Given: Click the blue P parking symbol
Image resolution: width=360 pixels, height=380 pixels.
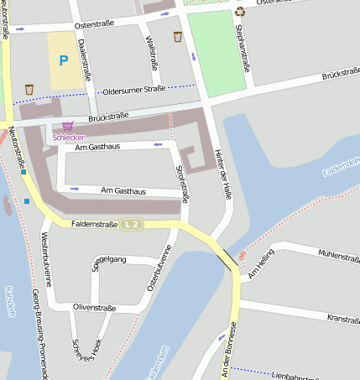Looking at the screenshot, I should point(63,60).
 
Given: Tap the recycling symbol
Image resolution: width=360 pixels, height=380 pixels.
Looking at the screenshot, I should point(241,11).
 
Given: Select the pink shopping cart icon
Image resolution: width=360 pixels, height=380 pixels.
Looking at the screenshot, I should point(67,126).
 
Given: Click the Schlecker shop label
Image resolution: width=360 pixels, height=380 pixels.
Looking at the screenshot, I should point(69,137).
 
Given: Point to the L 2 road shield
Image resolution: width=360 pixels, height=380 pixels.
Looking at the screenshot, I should point(130,225).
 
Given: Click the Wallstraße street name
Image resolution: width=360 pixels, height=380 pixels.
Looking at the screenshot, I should point(153,50).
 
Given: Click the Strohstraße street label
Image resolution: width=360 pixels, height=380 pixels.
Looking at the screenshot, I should point(180,183).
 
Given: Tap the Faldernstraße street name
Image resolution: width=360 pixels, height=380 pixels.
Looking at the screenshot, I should point(94,224).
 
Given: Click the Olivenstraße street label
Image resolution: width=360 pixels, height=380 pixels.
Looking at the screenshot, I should point(93,308).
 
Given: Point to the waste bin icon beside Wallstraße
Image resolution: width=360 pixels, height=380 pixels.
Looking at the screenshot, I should point(177,37).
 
